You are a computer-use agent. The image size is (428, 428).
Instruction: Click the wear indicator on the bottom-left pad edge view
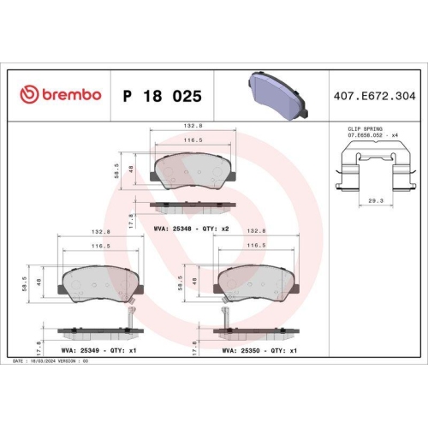[x=128, y=318]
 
